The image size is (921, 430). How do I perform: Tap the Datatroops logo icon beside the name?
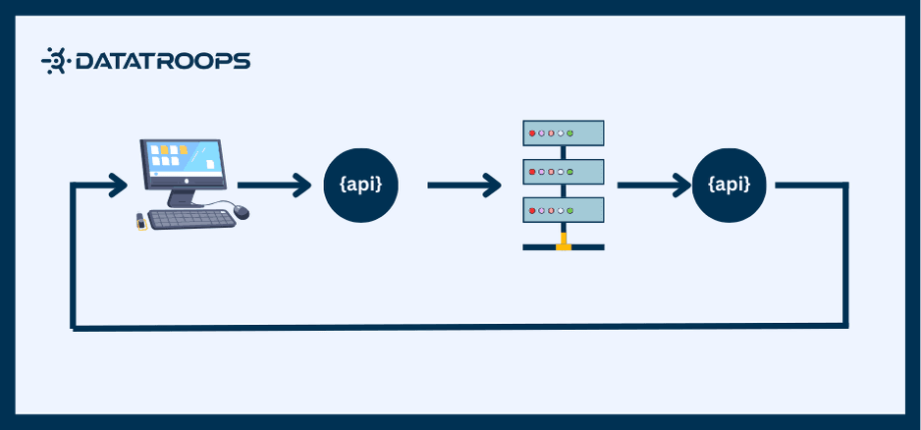coord(54,62)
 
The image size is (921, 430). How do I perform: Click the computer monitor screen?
coord(182,161)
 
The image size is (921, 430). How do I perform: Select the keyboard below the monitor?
coord(190,219)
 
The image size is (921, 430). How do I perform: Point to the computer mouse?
coord(242,212)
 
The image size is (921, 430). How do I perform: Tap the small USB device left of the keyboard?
coord(141,222)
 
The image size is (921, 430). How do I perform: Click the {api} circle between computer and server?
coord(360,185)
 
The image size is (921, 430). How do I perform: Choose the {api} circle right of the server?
coord(729,185)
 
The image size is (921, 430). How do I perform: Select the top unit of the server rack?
coord(563,133)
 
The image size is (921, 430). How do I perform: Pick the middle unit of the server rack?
coord(563,171)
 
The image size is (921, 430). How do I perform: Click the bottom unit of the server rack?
coord(563,208)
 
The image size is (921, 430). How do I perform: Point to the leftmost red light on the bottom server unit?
coord(532,208)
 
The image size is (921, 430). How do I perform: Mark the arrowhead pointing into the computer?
coord(119,185)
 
